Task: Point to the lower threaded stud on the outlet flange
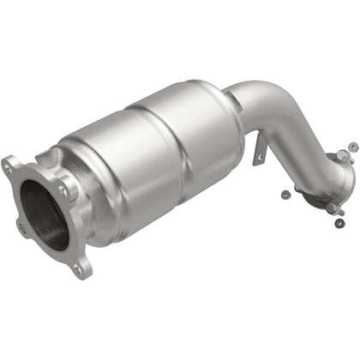coord(339,208)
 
